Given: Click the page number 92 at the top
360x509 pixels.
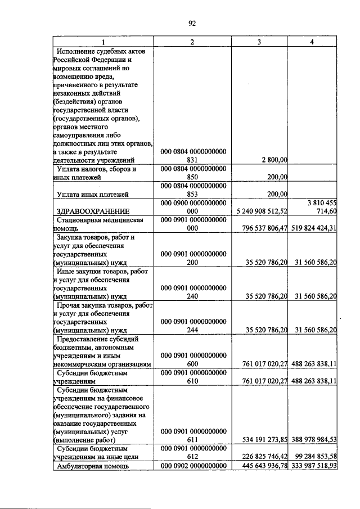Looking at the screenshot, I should (x=191, y=23).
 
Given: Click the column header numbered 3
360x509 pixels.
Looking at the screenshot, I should (x=259, y=43).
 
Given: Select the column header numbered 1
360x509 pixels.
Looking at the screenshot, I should (x=103, y=43).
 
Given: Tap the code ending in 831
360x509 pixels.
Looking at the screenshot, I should (x=193, y=160).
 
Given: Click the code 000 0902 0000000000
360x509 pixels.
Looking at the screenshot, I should (x=193, y=467).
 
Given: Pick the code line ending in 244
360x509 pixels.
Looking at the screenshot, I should (x=193, y=330).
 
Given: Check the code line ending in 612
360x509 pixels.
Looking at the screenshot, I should (x=193, y=457).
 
